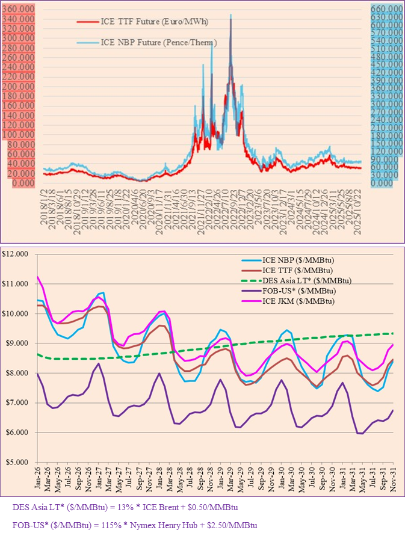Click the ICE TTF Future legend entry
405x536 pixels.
(144, 22)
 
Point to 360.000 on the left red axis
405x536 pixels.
(19, 10)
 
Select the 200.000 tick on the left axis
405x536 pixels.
(19, 87)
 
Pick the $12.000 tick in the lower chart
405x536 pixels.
(18, 254)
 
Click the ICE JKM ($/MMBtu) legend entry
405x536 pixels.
(292, 301)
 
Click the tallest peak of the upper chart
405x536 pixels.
(230, 14)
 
